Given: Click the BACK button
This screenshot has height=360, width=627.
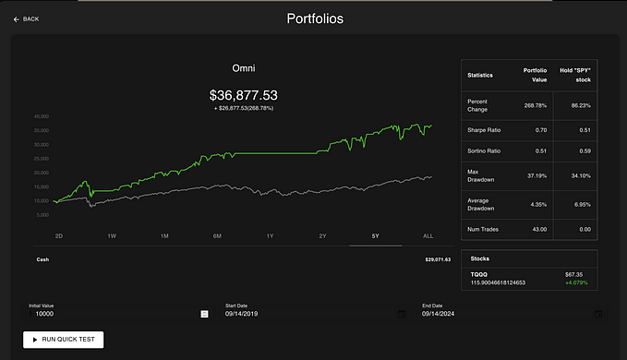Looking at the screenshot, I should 27,18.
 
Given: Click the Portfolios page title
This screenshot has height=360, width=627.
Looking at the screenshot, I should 313,18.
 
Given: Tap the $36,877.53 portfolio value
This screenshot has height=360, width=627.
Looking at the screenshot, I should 244,95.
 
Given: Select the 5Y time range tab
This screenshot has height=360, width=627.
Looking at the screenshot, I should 375,236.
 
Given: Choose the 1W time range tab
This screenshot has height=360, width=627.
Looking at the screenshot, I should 112,236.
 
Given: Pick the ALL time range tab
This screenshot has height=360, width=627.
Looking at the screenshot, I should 428,236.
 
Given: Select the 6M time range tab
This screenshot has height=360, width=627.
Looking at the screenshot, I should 217,236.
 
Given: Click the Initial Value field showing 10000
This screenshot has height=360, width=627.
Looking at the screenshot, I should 111,314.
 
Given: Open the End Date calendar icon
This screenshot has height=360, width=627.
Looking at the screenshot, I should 597,314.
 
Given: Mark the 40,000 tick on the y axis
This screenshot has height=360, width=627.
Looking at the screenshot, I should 41,117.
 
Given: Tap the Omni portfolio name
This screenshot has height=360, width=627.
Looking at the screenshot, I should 243,67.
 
